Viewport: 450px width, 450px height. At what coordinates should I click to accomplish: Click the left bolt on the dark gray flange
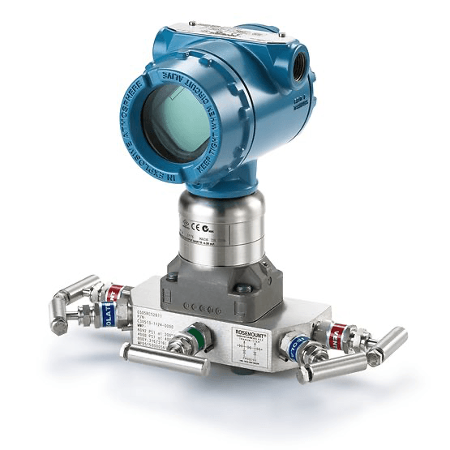click(176, 276)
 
